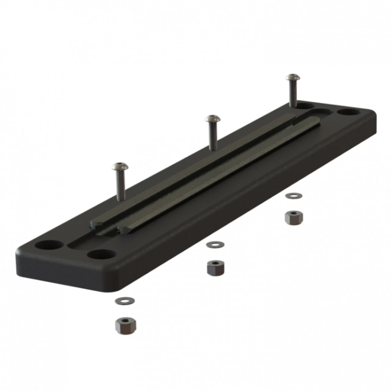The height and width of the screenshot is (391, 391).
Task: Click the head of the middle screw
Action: tap(211, 118)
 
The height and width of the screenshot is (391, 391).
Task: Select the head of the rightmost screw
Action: tap(292, 77)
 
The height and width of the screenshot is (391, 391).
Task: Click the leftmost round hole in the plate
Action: tap(49, 245)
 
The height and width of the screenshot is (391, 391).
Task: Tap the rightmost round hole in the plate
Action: tap(348, 112)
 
